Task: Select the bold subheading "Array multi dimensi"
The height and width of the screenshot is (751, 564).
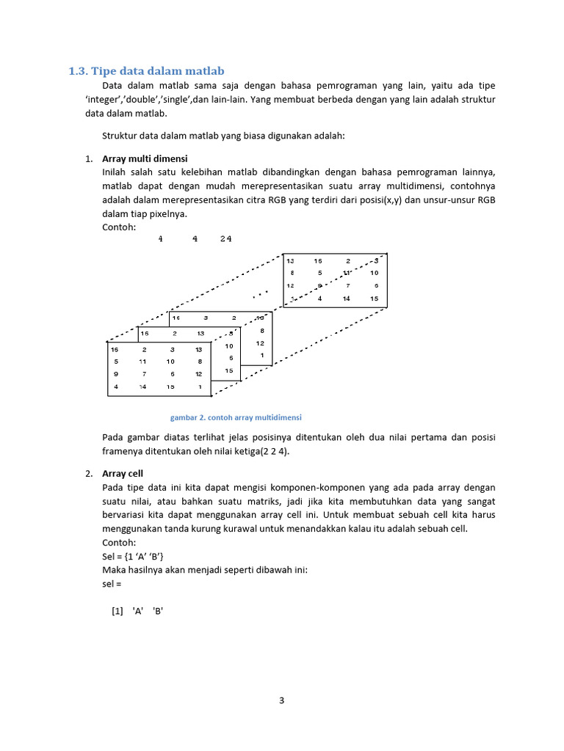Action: pos(145,158)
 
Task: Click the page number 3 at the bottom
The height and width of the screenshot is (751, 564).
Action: pos(281,700)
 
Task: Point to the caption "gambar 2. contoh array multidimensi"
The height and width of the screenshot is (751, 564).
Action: pos(236,417)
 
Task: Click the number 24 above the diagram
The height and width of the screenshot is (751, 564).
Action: pos(225,239)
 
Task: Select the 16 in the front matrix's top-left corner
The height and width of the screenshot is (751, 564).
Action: pos(115,350)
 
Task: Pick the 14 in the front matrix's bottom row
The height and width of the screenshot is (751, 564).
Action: pos(143,386)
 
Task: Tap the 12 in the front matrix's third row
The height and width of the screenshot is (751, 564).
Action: pos(198,374)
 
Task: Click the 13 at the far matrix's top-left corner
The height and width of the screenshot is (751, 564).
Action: pos(291,261)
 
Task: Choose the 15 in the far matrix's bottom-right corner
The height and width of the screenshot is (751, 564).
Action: pos(374,298)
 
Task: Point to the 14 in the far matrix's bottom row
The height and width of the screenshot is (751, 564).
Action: pos(346,298)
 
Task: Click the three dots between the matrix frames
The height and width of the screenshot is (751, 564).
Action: pos(260,295)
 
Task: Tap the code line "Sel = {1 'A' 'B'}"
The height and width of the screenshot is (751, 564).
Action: pos(133,557)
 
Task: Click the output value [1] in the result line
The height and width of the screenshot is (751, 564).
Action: pos(117,610)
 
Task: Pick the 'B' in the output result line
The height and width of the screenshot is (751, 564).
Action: pos(157,610)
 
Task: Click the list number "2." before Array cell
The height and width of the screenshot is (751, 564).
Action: pos(88,474)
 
